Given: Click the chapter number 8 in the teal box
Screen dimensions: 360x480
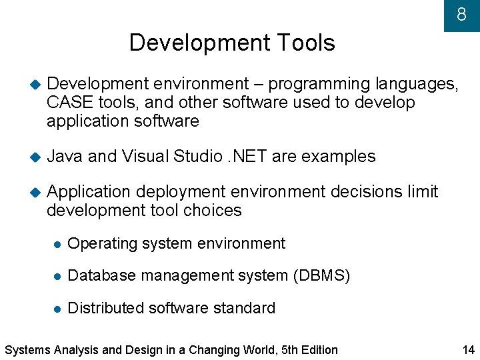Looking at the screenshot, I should click(461, 14).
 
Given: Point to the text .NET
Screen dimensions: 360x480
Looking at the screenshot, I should click(246, 157).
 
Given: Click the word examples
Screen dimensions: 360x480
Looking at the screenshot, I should click(339, 157).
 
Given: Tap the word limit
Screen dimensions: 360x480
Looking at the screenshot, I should click(422, 192).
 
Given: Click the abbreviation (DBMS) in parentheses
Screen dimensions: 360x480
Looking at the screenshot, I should click(321, 275).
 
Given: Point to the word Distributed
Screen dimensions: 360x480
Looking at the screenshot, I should click(107, 308).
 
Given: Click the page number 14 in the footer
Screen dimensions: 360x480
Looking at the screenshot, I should click(467, 350).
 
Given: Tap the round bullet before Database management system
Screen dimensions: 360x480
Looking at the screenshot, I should click(57, 276).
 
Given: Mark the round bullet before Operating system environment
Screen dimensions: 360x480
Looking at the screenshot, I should click(57, 245).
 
